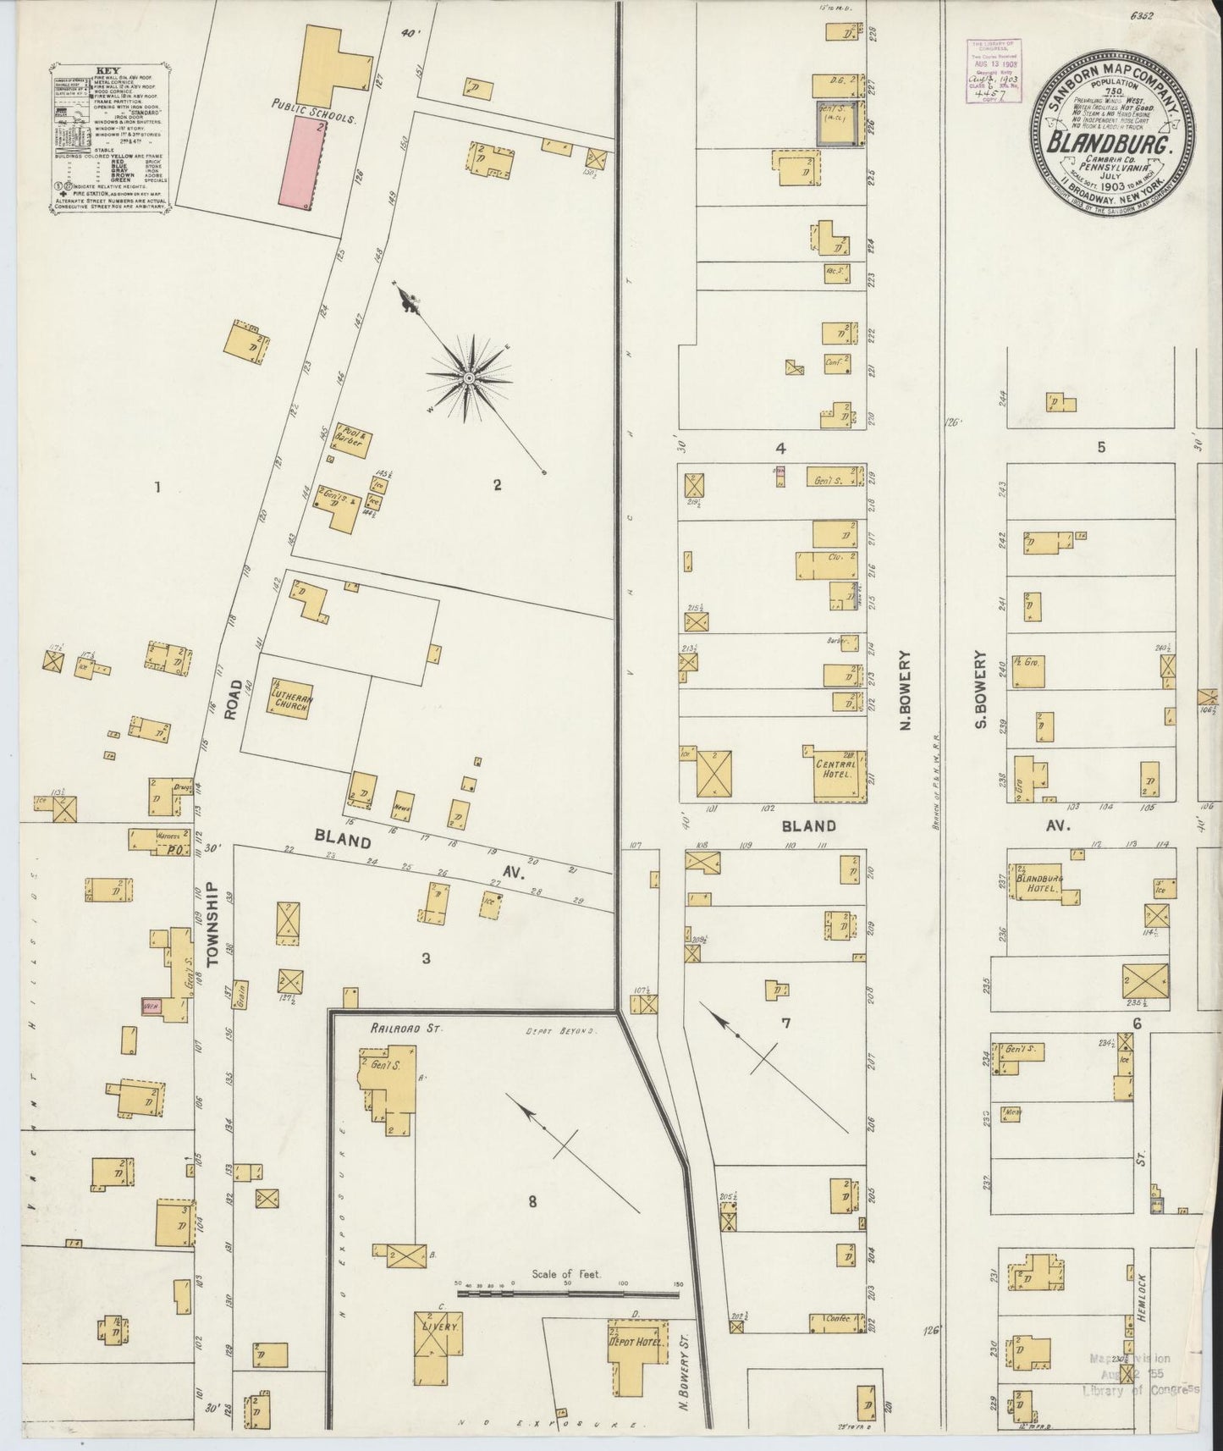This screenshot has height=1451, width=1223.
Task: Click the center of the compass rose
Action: pyautogui.click(x=468, y=376)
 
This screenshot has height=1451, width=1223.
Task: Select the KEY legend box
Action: pyautogui.click(x=110, y=135)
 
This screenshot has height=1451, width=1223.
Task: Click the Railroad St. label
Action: pyautogui.click(x=395, y=1028)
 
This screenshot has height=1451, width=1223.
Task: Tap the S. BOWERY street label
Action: pyautogui.click(x=981, y=690)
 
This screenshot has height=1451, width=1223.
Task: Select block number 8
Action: pyautogui.click(x=532, y=1200)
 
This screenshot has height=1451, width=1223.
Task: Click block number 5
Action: pyautogui.click(x=1101, y=448)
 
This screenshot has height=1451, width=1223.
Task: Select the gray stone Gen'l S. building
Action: pyautogui.click(x=839, y=124)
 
